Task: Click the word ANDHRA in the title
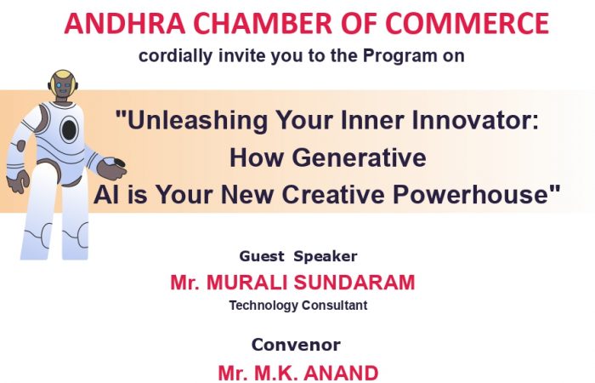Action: tap(125, 24)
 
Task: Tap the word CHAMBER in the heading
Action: tap(263, 24)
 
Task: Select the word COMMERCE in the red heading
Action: tap(467, 24)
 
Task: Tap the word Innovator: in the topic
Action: tap(475, 120)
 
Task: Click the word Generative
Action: tap(359, 157)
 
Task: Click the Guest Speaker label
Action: tap(298, 256)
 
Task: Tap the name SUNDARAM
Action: tap(354, 283)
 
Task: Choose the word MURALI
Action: tap(246, 283)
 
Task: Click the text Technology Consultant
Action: tap(298, 306)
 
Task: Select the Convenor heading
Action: tap(296, 345)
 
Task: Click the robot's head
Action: tap(63, 85)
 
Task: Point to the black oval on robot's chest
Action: tap(69, 129)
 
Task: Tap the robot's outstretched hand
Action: tap(111, 169)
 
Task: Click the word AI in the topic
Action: tap(107, 195)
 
